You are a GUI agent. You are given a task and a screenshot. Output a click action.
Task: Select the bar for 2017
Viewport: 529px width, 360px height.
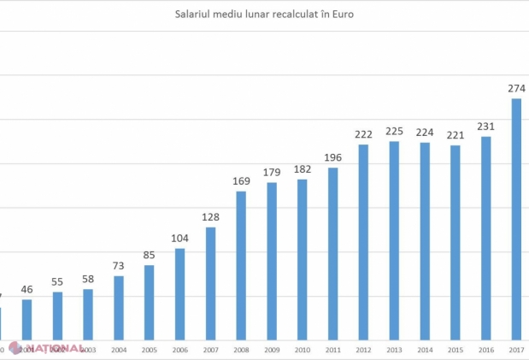tap(516, 218)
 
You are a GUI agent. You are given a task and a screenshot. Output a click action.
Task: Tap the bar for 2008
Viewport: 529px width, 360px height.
tap(241, 264)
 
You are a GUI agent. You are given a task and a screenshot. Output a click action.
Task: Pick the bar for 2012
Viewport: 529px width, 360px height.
tap(363, 241)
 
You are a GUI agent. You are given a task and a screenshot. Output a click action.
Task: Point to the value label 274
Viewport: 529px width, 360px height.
tap(516, 88)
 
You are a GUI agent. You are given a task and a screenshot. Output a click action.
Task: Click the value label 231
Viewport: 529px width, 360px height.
tap(485, 127)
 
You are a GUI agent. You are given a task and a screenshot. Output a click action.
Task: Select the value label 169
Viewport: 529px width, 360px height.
tap(241, 181)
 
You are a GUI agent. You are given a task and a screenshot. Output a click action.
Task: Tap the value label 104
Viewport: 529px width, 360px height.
tap(179, 239)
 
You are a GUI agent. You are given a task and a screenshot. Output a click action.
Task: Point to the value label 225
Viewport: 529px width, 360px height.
tap(394, 131)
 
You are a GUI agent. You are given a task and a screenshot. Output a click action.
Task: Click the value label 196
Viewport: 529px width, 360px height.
tap(332, 156)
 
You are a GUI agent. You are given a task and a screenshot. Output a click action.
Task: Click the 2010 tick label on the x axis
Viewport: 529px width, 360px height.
tap(302, 349)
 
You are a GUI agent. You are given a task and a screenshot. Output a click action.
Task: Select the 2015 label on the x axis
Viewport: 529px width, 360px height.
tap(456, 349)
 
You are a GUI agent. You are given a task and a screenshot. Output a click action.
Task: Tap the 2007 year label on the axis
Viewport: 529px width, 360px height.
tap(210, 349)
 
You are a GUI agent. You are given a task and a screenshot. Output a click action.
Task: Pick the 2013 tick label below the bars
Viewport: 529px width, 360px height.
tap(394, 349)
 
